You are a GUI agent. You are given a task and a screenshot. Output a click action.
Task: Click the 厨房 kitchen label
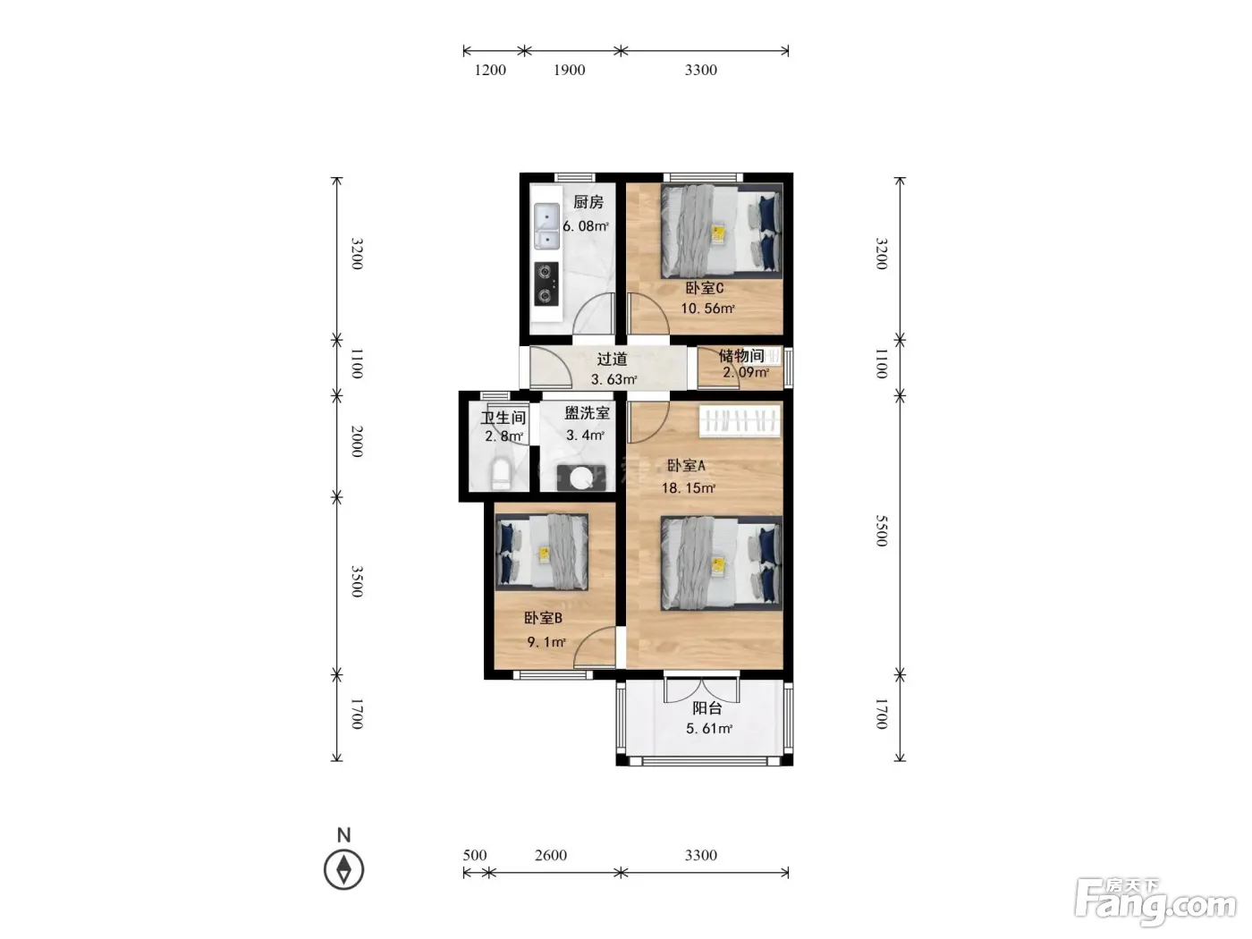click(588, 202)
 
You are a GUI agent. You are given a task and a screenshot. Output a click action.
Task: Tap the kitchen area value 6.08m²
click(586, 226)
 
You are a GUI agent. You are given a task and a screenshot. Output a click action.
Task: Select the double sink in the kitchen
click(546, 226)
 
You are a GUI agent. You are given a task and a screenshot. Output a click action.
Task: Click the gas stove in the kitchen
click(546, 283)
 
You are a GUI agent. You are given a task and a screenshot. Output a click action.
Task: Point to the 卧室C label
click(705, 288)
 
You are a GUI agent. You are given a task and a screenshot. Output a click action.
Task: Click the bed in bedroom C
click(722, 231)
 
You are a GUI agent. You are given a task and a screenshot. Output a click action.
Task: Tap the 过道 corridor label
click(612, 360)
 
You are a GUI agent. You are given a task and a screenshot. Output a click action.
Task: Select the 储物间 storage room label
click(741, 356)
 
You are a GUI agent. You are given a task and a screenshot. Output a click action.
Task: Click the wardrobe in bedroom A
click(740, 421)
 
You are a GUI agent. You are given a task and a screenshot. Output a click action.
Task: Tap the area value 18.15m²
click(689, 488)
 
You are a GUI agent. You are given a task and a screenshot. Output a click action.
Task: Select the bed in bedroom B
click(542, 552)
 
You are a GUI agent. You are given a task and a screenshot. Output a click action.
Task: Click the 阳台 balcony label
click(707, 708)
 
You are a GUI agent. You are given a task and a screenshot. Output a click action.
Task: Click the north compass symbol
click(344, 870)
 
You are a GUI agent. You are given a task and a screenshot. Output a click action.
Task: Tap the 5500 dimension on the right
click(882, 531)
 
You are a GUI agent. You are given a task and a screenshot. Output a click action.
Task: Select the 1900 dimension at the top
click(570, 70)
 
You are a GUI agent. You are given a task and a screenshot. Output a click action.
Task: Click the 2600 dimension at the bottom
click(550, 855)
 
